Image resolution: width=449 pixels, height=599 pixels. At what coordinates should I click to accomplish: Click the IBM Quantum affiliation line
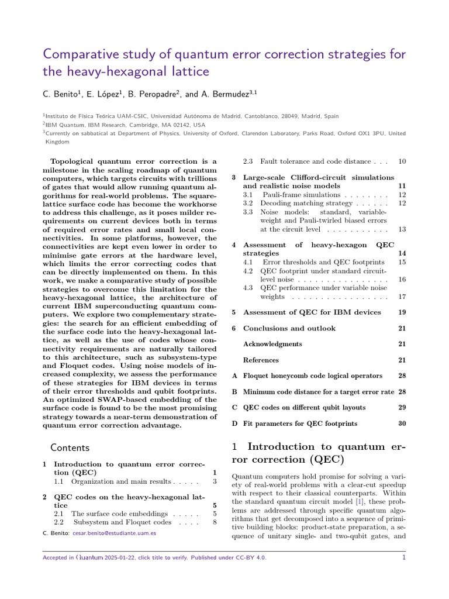click(x=125, y=125)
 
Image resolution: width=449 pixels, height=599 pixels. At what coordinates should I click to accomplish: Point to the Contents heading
click(x=70, y=447)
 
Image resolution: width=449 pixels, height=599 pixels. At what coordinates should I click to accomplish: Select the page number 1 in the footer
click(x=403, y=557)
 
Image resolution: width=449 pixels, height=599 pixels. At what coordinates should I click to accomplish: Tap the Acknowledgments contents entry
click(x=272, y=344)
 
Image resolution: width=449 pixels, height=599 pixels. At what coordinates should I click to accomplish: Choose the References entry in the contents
click(x=261, y=360)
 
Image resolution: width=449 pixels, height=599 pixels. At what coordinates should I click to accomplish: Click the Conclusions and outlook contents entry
click(x=289, y=328)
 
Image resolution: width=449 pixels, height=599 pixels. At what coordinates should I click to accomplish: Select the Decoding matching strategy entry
click(x=306, y=203)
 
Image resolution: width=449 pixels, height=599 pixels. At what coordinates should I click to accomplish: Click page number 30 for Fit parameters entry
click(x=402, y=423)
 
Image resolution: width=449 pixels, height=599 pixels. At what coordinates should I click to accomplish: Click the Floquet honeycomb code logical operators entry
click(x=313, y=376)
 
